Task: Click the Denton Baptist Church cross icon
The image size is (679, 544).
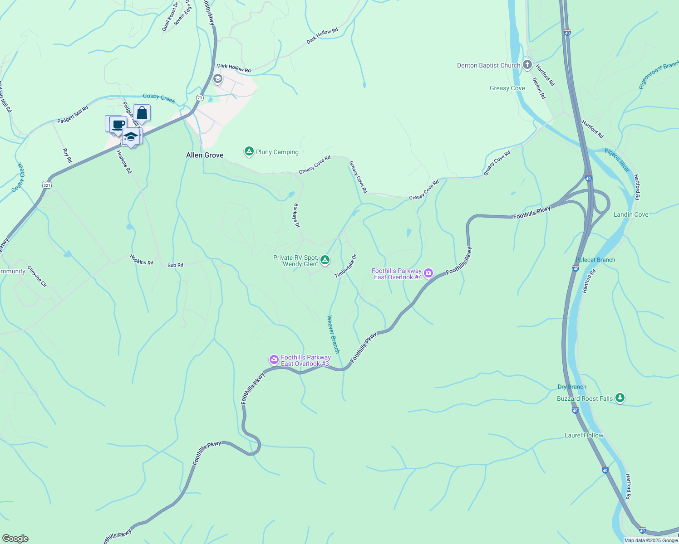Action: coord(527,65)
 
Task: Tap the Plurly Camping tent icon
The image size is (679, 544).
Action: coord(249,151)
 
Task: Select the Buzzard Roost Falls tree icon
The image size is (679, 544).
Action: coord(620,398)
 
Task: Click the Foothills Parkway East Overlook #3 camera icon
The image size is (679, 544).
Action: coord(274,359)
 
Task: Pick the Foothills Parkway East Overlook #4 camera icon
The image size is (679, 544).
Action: coord(428,273)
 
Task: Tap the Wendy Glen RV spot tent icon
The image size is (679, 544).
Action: coord(325,260)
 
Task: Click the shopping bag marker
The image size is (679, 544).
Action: coord(142,113)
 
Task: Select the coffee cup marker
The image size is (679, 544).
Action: coord(118,124)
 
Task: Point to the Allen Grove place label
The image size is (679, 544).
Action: coord(205,155)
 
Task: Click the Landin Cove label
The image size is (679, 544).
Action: coord(631,214)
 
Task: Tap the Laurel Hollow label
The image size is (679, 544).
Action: coord(584,435)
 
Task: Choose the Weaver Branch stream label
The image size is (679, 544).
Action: coord(333,334)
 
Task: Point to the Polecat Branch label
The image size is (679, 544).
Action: coord(595,260)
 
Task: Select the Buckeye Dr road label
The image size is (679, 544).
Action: coord(297,215)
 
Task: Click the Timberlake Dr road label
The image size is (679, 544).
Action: coord(346,266)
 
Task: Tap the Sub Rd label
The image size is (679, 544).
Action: coord(175,265)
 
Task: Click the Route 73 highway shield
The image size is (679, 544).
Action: coord(200,98)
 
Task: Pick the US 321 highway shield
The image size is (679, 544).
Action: coord(46,185)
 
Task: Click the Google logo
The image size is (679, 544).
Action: coord(15,538)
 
